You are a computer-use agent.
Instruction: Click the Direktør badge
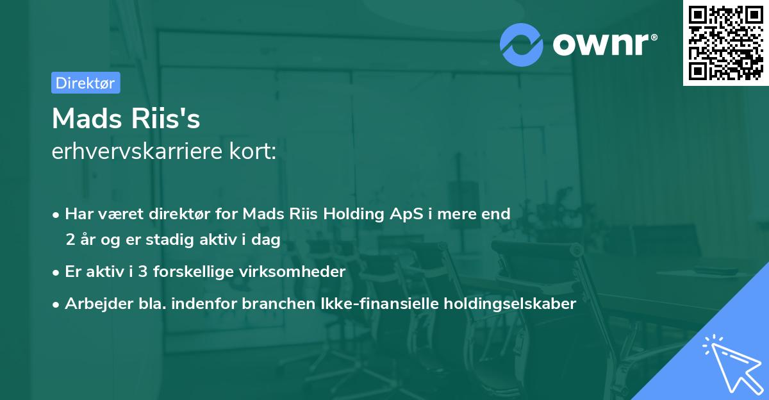click(x=85, y=83)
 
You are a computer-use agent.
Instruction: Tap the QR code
click(x=725, y=42)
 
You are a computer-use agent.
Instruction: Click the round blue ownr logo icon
click(x=522, y=44)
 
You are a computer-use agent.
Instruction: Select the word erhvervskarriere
click(x=144, y=152)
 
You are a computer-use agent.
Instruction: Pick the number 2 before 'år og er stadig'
click(x=70, y=240)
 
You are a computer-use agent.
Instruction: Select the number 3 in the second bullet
click(x=143, y=272)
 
